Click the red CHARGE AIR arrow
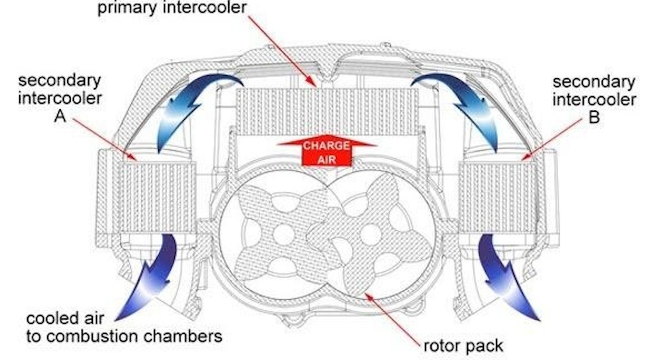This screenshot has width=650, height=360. click(327, 151)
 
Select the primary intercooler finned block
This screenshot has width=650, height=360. click(326, 112)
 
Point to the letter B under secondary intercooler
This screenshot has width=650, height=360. click(594, 118)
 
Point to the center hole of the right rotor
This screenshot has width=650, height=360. click(371, 233)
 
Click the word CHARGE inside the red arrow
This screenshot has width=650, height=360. click(327, 147)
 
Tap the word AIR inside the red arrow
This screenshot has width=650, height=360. click(327, 159)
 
